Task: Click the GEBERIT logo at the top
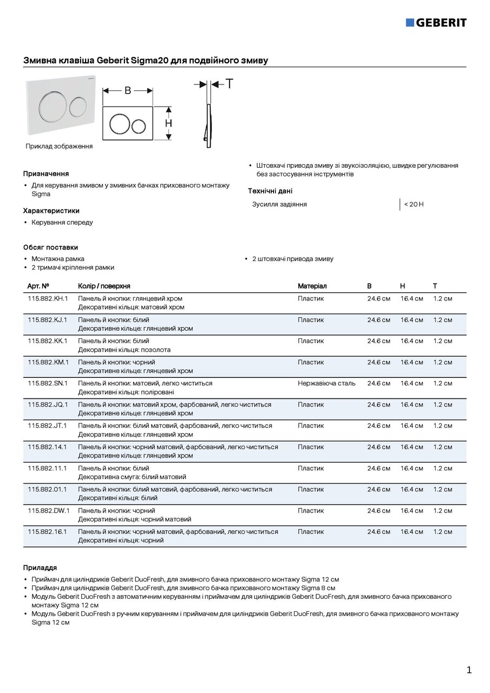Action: click(x=436, y=23)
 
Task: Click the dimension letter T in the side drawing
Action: click(x=230, y=84)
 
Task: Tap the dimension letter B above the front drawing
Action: click(x=128, y=90)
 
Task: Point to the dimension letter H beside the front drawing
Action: click(x=169, y=123)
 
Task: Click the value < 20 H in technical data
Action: click(x=414, y=205)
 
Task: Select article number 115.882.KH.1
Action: click(x=48, y=299)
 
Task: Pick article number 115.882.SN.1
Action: click(x=48, y=383)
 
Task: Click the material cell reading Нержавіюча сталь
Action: click(x=326, y=383)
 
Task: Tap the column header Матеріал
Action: click(x=312, y=286)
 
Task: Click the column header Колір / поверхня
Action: click(x=104, y=286)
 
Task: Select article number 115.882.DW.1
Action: click(x=48, y=511)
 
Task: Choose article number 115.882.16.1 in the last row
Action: click(x=47, y=532)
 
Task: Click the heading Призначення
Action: click(x=45, y=174)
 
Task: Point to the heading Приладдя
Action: click(x=40, y=568)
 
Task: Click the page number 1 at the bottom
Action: click(x=469, y=670)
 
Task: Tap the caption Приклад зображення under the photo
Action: click(x=59, y=146)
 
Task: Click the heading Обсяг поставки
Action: click(x=50, y=247)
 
